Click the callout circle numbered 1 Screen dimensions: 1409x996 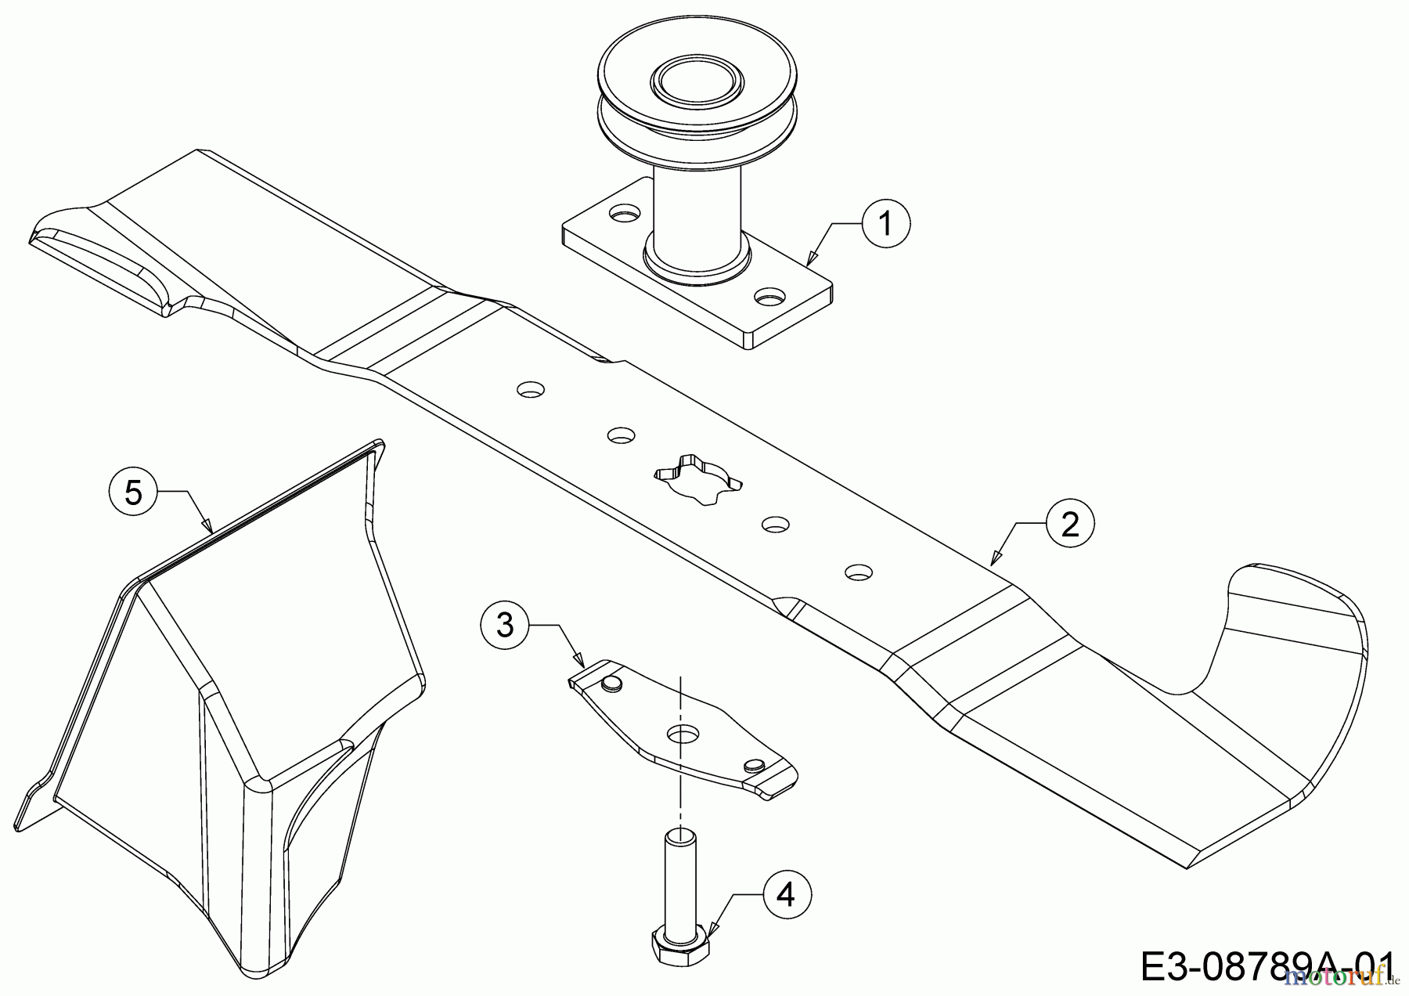(x=886, y=224)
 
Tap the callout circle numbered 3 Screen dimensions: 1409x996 (x=506, y=625)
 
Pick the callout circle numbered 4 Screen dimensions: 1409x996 (x=786, y=894)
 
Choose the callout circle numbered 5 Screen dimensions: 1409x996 (x=134, y=493)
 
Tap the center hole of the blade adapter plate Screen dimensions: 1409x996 (x=682, y=734)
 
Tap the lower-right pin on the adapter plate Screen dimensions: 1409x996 (x=754, y=764)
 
